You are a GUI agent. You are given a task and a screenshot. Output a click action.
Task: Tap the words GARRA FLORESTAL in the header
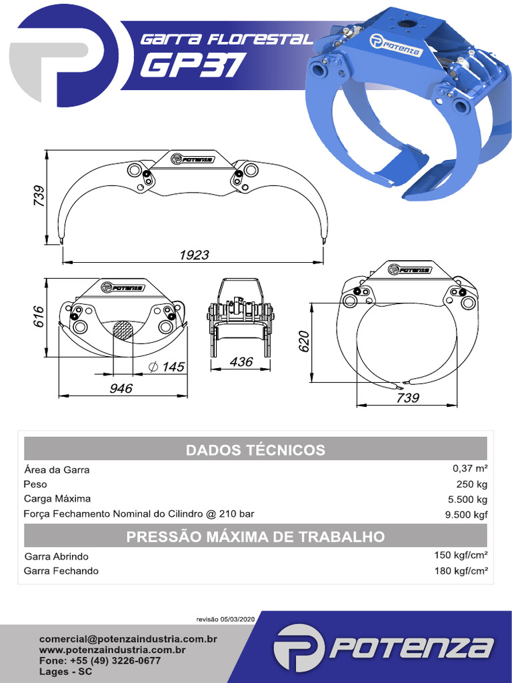(226, 39)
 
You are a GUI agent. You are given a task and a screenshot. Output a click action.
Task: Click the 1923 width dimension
(194, 255)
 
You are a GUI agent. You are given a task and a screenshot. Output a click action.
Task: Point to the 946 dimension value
(121, 388)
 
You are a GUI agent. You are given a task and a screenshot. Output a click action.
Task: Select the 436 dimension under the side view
(241, 362)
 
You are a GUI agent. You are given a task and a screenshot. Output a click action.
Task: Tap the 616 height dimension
(38, 317)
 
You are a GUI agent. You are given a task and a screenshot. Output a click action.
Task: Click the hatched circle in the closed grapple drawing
(122, 329)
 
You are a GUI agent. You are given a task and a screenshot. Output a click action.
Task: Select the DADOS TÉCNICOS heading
(255, 450)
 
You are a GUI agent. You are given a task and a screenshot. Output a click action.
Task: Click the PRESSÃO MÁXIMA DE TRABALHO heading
(255, 536)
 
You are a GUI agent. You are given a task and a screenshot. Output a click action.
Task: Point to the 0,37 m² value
(470, 469)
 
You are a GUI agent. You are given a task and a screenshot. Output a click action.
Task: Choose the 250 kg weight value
(473, 484)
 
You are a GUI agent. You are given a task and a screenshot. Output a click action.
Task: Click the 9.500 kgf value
(467, 514)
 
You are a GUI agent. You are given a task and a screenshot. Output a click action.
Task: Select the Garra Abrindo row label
(57, 556)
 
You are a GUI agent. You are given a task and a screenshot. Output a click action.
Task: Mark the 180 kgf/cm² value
(461, 570)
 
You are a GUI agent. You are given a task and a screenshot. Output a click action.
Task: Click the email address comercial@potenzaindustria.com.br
(129, 638)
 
